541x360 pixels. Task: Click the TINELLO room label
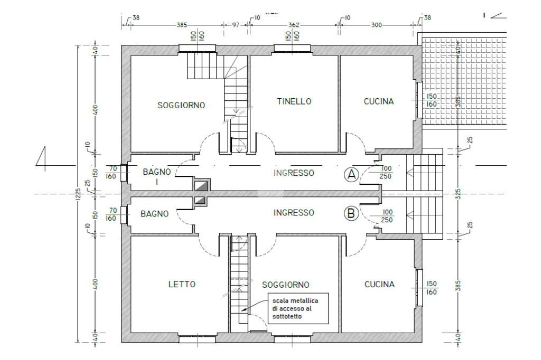pos(294,101)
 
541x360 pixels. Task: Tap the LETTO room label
pos(182,285)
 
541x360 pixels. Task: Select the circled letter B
pos(351,214)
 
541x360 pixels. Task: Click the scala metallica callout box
pos(297,308)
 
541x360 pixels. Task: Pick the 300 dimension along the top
pos(377,25)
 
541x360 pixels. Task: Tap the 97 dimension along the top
pos(236,25)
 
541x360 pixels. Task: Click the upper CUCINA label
pos(379,101)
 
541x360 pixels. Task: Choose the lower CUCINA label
pos(379,285)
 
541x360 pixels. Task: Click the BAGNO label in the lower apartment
pos(155,214)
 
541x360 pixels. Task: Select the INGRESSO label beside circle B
pos(294,213)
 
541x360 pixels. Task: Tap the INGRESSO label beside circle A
pos(294,173)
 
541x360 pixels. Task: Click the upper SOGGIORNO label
pos(181,105)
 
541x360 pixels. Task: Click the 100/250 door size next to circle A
pos(386,173)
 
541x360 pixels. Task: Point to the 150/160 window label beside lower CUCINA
pos(432,288)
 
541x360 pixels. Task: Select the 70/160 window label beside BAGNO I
pos(111,172)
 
